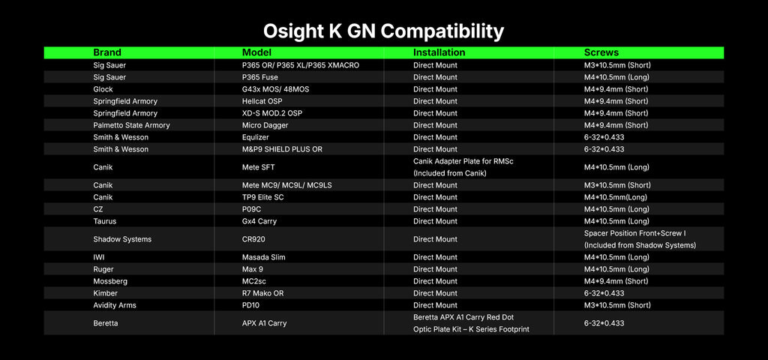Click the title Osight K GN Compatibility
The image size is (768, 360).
coord(383,31)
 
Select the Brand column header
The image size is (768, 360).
coord(107,52)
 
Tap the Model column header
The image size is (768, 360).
coord(256,52)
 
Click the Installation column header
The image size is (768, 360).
coord(439,52)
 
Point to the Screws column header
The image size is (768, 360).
coord(601,52)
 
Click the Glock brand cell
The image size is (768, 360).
coord(103,89)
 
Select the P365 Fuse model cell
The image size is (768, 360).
coord(260,77)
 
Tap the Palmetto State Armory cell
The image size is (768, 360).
coord(131,125)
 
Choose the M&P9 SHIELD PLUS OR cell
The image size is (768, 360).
coord(282,149)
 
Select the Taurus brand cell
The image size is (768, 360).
coord(105,221)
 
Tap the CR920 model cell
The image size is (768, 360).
coord(253,239)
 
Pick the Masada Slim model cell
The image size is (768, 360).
coord(263,257)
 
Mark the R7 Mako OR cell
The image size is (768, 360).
coord(262,293)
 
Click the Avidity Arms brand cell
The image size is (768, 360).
coord(115,305)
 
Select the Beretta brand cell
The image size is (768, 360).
coord(105,323)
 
